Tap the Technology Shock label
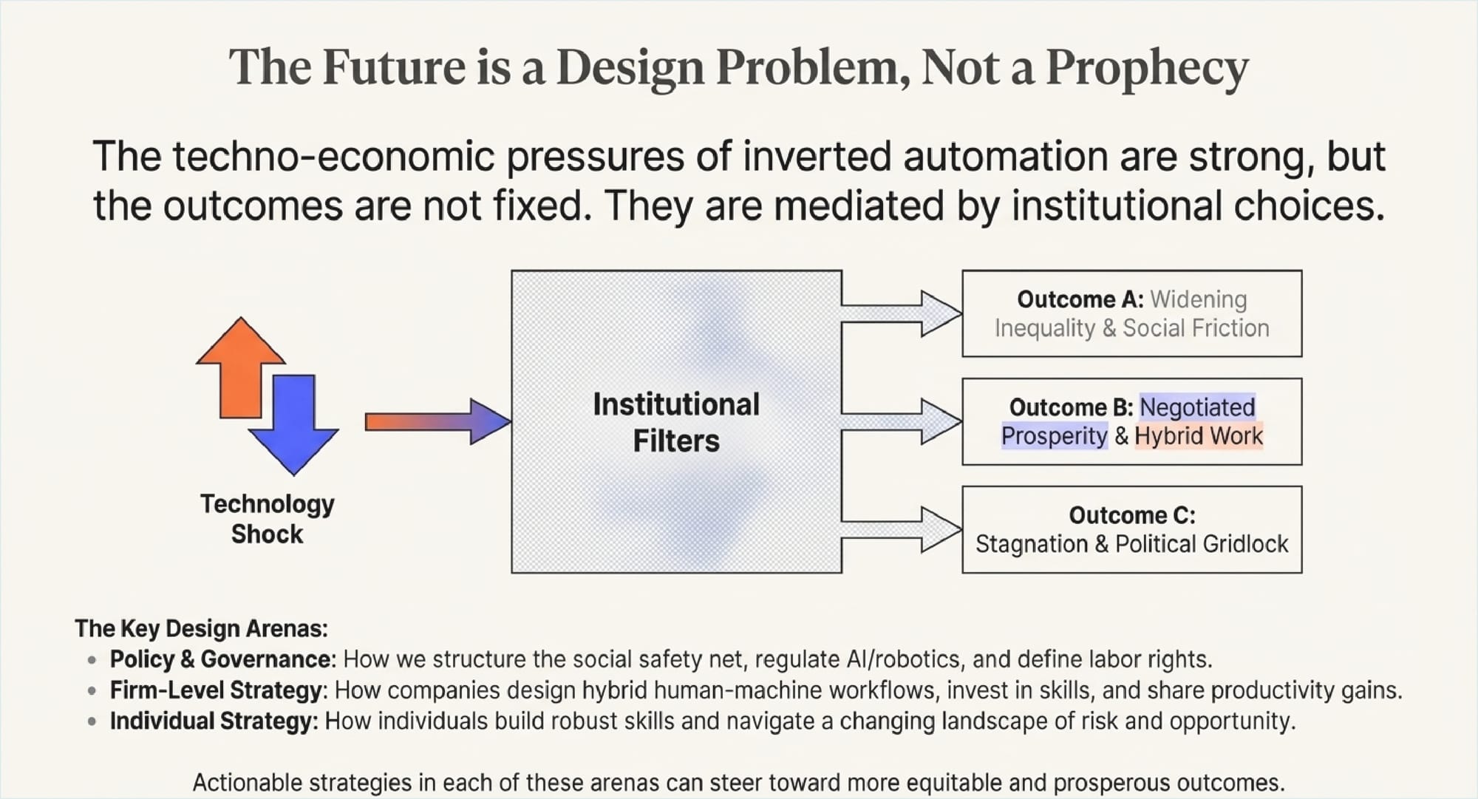[x=267, y=519]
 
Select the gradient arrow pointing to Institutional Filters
[x=437, y=422]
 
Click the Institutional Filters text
[x=676, y=423]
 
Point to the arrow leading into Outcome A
[x=902, y=313]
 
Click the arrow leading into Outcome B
[x=902, y=422]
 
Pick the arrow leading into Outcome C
[x=902, y=530]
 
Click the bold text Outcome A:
[x=1080, y=299]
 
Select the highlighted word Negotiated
[x=1197, y=407]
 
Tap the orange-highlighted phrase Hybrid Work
[x=1199, y=436]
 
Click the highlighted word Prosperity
[x=1055, y=436]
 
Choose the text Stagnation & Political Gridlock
[x=1131, y=544]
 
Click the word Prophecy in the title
[x=1147, y=68]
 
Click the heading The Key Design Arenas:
[x=201, y=628]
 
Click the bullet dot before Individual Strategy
[x=92, y=721]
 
